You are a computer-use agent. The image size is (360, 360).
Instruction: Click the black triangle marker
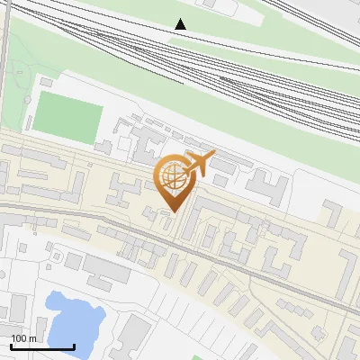click(181, 24)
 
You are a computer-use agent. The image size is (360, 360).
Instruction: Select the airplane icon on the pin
click(198, 165)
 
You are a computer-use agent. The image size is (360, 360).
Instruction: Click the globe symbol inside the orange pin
click(171, 177)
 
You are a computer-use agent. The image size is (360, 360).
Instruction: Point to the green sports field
click(67, 119)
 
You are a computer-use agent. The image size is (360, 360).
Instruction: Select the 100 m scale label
click(24, 338)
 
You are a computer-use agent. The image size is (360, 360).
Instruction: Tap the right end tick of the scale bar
click(74, 346)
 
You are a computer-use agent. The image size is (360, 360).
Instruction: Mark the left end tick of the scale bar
click(10, 346)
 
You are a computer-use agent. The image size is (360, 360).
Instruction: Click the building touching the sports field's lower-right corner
click(105, 145)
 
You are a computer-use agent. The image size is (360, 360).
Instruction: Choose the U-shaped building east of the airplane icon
click(267, 187)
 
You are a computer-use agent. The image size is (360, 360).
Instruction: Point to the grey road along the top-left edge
click(6, 54)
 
